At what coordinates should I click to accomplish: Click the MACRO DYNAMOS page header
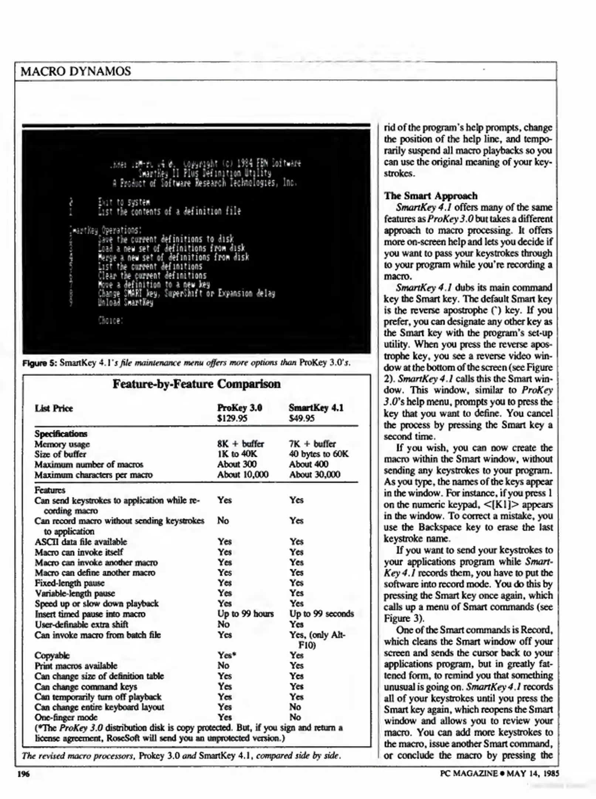coord(76,71)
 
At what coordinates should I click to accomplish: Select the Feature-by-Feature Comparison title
coord(197,384)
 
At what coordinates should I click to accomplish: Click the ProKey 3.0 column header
coord(239,408)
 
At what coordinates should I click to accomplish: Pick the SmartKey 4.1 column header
coord(316,408)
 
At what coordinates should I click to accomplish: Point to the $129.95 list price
coord(232,418)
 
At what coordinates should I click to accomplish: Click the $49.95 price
coord(302,418)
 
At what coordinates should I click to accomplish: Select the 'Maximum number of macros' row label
coord(89,465)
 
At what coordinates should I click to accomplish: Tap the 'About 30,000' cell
coord(314,475)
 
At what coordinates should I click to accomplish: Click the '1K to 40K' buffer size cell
coord(237,454)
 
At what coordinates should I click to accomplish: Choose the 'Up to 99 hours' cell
coord(245,614)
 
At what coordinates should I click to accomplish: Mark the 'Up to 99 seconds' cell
coord(321,614)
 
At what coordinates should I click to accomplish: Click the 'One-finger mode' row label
coord(66,717)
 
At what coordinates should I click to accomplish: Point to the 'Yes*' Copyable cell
coord(227,655)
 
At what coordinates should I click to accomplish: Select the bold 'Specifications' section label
coord(61,434)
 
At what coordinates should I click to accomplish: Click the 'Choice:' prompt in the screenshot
coord(110,320)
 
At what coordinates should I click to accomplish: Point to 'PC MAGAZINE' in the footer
coord(469,773)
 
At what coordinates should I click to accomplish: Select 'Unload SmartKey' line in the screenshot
coord(125,303)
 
